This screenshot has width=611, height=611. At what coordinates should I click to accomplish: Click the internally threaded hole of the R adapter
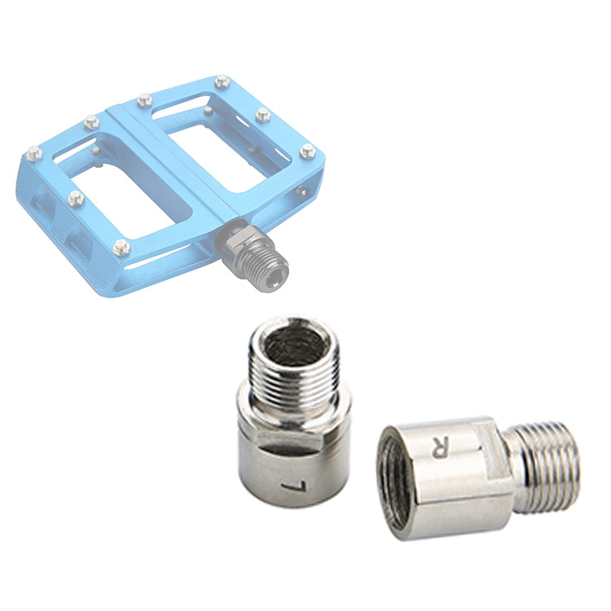click(x=394, y=481)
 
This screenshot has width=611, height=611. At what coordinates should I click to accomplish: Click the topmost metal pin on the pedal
click(x=222, y=81)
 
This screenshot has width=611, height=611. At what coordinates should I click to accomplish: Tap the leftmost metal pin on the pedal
click(x=33, y=152)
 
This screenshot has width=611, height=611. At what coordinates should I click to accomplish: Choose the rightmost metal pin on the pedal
click(x=307, y=150)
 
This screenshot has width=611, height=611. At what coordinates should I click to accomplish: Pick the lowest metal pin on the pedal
click(x=121, y=248)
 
